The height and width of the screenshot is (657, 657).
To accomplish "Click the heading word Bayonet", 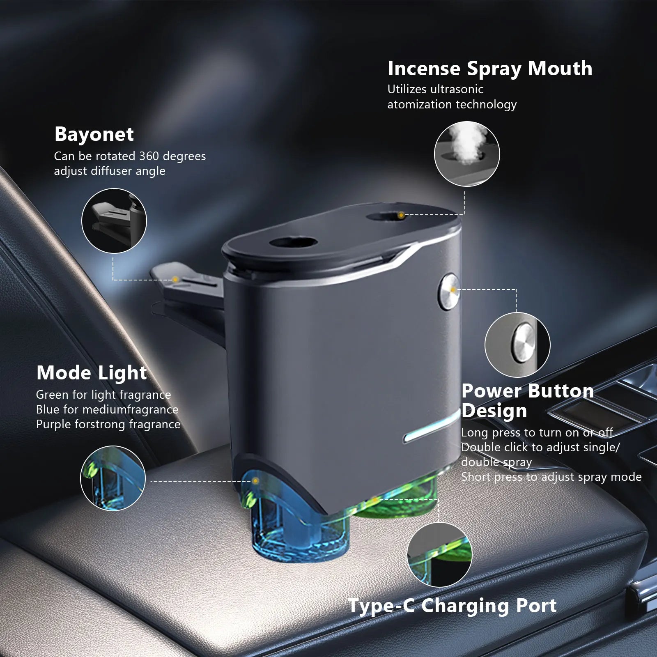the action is click(94, 134).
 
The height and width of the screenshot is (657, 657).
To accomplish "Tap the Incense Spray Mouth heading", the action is click(490, 69).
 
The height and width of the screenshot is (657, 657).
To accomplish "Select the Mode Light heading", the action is click(92, 373).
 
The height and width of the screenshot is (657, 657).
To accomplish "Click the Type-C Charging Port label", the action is click(452, 606).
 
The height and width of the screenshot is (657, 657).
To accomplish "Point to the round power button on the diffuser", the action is click(449, 291).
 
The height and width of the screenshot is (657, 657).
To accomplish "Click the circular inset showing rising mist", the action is click(467, 154).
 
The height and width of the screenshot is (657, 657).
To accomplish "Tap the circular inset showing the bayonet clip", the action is click(114, 221).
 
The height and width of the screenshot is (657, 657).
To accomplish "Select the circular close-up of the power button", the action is click(517, 345).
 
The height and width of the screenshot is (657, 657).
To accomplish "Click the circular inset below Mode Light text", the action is click(113, 479).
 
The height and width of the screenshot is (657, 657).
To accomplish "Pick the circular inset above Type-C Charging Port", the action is click(440, 555).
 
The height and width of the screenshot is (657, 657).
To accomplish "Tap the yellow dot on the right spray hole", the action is click(401, 215).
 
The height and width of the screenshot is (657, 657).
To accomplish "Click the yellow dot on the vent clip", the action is click(175, 280).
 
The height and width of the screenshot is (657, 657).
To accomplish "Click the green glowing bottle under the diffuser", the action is click(396, 499).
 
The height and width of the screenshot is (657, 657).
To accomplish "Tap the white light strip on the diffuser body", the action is click(431, 427).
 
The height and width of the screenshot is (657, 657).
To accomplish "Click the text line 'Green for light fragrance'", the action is click(103, 395).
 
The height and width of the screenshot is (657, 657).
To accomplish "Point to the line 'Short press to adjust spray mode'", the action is click(551, 477).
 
